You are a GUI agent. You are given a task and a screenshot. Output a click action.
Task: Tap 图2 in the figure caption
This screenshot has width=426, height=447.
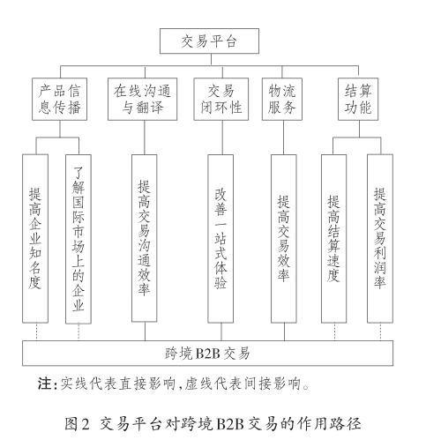[77, 424]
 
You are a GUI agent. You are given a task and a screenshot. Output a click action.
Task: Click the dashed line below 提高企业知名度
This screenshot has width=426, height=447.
[37, 332]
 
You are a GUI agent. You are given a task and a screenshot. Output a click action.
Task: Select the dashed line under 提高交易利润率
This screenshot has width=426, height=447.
[380, 332]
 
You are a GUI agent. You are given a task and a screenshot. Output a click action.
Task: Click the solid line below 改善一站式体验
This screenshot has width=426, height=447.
[221, 332]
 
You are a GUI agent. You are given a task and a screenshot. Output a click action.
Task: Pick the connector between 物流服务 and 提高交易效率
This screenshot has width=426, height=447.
[283, 138]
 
